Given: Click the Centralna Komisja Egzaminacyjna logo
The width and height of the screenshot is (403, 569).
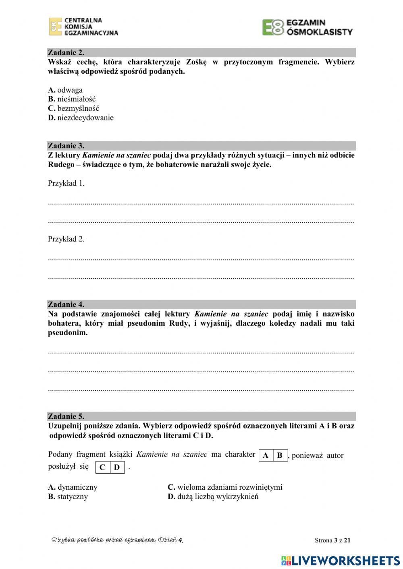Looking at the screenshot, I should [x=83, y=27].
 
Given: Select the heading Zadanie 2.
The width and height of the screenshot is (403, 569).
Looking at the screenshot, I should [x=66, y=52].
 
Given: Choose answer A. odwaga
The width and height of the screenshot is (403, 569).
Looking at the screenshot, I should [x=65, y=90].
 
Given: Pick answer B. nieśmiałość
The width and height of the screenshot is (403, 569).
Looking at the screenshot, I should [x=72, y=99].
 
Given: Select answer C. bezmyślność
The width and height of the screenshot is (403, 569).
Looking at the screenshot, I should [x=73, y=108].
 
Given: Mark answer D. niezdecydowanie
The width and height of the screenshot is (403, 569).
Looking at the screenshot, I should [x=81, y=118].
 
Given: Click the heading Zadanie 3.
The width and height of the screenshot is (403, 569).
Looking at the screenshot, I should [x=66, y=146].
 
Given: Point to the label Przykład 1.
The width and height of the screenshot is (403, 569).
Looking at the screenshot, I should [x=66, y=183].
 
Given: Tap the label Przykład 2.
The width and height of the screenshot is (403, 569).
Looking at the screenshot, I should [x=66, y=239].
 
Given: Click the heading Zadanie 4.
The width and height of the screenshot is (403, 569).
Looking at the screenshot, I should [x=66, y=304].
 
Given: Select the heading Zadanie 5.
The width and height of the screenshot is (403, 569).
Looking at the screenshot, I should [x=66, y=416].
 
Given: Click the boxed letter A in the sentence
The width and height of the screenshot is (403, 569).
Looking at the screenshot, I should [x=266, y=455].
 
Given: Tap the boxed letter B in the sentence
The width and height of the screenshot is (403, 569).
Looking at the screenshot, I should [x=280, y=455].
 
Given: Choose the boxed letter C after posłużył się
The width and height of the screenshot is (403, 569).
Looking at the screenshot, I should [x=102, y=468].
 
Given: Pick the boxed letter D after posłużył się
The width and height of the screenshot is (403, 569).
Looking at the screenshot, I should [x=117, y=468].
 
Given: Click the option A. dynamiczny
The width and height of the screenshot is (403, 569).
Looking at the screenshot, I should [x=73, y=487].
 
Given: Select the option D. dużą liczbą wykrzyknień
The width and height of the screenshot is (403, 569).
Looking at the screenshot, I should [x=213, y=497].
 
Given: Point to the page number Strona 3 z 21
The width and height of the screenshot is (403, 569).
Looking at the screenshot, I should [x=332, y=540].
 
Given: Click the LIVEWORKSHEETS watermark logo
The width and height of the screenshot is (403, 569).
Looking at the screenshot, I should [x=341, y=561].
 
